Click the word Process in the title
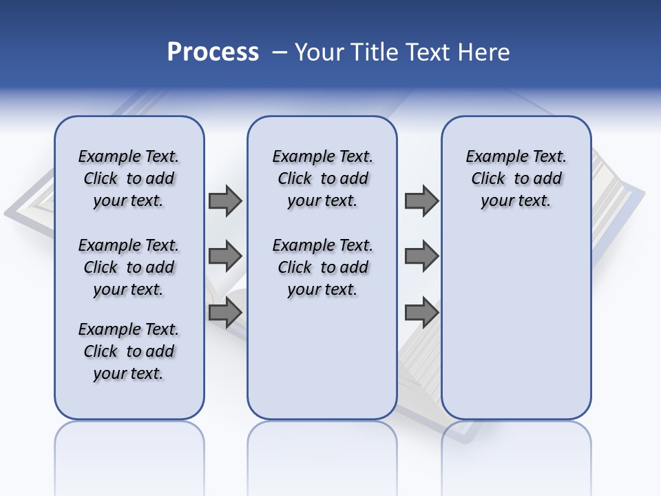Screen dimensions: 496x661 click(213, 52)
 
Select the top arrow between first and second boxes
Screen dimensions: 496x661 click(224, 200)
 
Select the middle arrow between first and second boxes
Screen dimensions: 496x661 click(224, 256)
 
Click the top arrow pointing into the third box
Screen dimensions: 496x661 click(421, 200)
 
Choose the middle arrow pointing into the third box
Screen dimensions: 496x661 click(421, 256)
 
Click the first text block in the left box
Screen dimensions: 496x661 click(129, 178)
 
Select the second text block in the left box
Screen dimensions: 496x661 click(129, 267)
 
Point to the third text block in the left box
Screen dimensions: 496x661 click(129, 351)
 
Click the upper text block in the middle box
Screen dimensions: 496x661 click(322, 178)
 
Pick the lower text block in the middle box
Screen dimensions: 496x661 click(322, 267)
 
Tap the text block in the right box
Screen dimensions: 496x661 click(516, 178)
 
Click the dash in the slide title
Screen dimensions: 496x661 click(280, 52)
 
